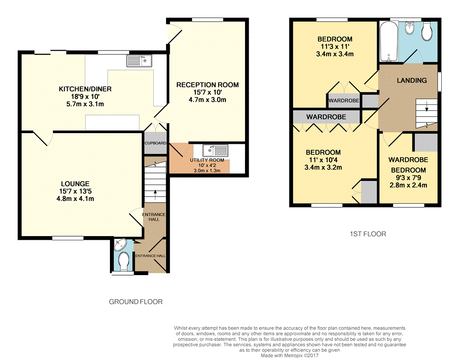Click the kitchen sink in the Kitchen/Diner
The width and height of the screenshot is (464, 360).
click(x=139, y=61)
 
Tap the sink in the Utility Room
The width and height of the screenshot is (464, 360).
click(x=215, y=150)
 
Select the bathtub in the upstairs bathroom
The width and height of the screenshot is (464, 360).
click(x=389, y=42)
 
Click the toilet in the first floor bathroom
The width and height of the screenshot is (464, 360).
click(x=427, y=32)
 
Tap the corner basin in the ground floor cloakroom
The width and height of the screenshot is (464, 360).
click(x=120, y=244)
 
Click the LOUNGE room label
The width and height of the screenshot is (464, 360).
click(x=75, y=184)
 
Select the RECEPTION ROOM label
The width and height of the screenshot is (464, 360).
click(x=207, y=85)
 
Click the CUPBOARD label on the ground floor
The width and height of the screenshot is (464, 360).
click(x=155, y=143)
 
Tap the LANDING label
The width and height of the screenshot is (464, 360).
click(x=412, y=80)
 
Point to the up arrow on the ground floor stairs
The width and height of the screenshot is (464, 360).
click(x=155, y=194)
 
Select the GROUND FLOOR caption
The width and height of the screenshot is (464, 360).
click(x=136, y=302)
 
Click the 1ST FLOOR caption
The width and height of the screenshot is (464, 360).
click(x=368, y=234)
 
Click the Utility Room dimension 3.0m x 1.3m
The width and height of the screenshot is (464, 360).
click(x=207, y=171)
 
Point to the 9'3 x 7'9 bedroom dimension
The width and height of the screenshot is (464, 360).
click(x=409, y=178)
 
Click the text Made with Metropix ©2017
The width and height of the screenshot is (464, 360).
click(x=290, y=355)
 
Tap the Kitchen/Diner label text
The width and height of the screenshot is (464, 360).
click(x=85, y=89)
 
